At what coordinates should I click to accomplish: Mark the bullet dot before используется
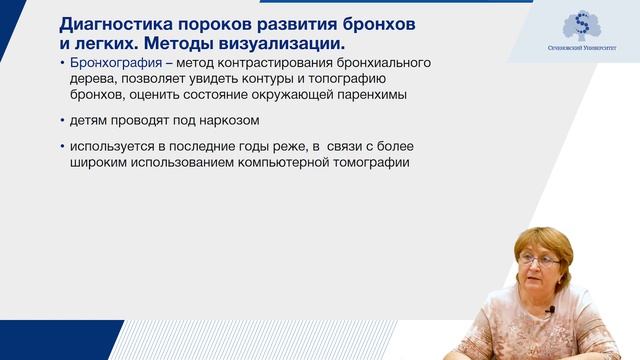[x=63, y=148]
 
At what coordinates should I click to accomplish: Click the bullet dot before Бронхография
[x=63, y=64]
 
